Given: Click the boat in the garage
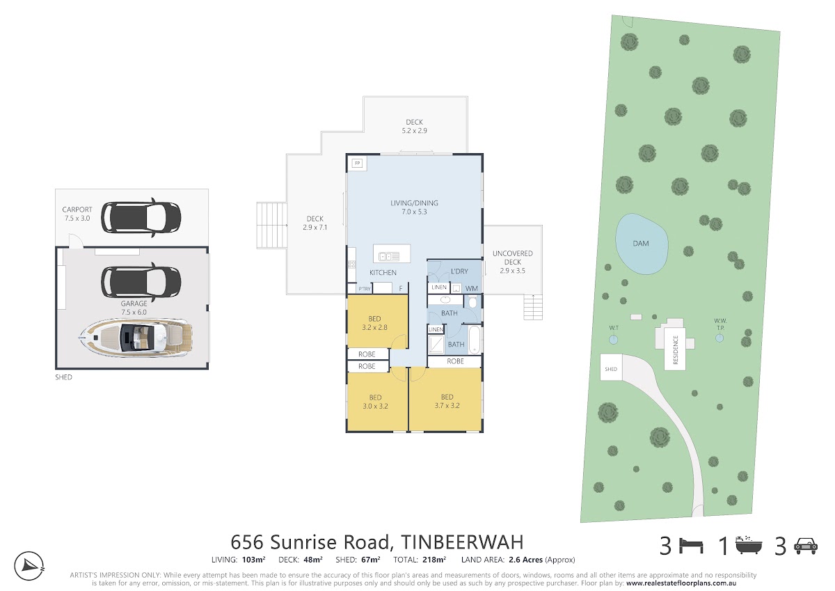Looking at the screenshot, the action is tap(136, 338).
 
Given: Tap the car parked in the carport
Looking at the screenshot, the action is tap(141, 218).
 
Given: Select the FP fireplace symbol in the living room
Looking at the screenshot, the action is tap(358, 164).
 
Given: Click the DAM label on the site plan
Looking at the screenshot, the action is tap(641, 244).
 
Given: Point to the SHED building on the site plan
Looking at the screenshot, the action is tap(611, 368).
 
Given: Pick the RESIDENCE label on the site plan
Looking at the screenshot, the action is tap(676, 350).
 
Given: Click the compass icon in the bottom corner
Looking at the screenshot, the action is tap(29, 567).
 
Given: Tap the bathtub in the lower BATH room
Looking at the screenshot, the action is tap(475, 340).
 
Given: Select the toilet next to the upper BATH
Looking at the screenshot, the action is tap(472, 301).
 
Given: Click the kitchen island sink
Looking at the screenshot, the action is tap(389, 256).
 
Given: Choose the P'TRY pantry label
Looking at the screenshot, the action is tap(365, 289).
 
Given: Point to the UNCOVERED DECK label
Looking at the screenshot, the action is tap(513, 258).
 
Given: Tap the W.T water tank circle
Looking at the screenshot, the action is tap(613, 340).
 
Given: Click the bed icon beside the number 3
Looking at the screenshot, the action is tap(692, 546).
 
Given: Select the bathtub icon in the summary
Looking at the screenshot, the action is tap(749, 545).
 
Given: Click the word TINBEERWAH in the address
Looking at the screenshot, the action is tap(462, 542).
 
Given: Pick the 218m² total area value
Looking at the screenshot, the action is tap(434, 560).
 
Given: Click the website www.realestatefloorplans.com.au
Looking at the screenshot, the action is tap(681, 583).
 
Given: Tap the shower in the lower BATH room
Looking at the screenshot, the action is tap(436, 344).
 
